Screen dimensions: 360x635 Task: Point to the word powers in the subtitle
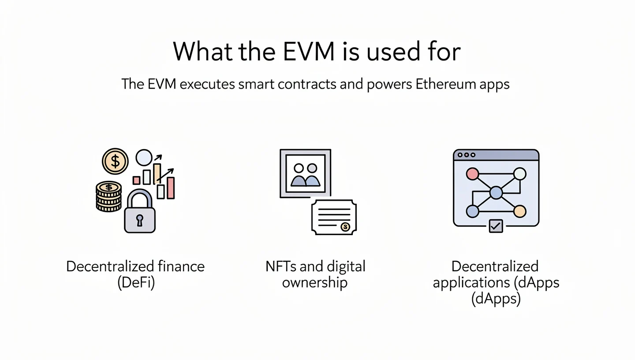click(x=389, y=84)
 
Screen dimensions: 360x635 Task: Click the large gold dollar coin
click(x=115, y=161)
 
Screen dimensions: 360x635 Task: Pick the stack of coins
click(x=108, y=196)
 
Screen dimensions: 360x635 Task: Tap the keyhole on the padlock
click(x=140, y=220)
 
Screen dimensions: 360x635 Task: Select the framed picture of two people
click(x=305, y=173)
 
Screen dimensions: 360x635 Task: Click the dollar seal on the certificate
click(x=345, y=227)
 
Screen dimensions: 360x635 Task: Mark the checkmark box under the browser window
click(x=496, y=226)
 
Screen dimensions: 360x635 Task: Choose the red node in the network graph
click(x=472, y=174)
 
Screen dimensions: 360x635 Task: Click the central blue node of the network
click(x=496, y=193)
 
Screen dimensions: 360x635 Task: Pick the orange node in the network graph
click(x=520, y=211)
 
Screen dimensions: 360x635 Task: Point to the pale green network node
click(x=520, y=174)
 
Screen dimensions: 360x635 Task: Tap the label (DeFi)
click(x=136, y=283)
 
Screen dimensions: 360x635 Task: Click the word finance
click(x=181, y=266)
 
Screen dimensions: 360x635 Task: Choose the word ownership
click(x=315, y=283)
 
